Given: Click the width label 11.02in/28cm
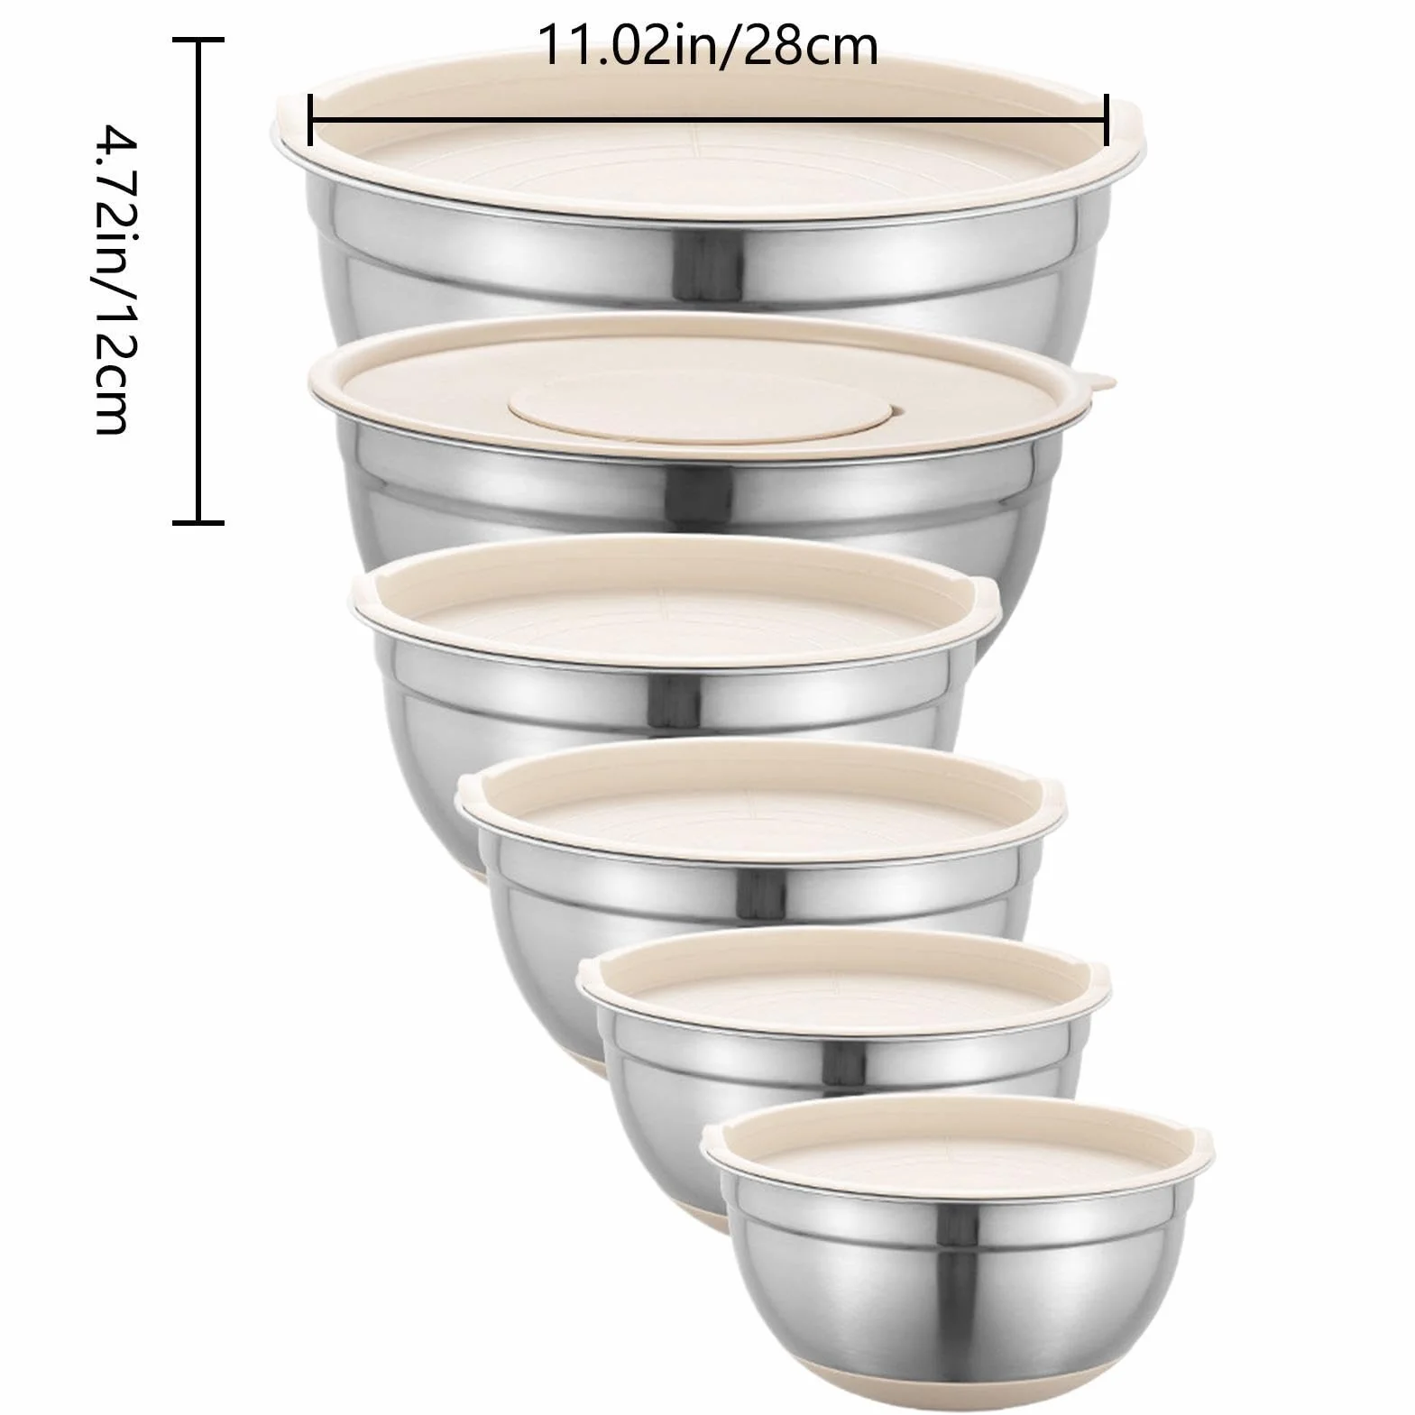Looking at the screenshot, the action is [708, 47].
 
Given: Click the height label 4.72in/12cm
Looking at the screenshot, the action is [121, 280].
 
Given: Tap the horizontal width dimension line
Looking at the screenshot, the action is [708, 119].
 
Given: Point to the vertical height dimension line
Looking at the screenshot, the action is [198, 280].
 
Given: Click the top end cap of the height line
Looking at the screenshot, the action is [198, 40].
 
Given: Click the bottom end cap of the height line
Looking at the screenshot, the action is [198, 520].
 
